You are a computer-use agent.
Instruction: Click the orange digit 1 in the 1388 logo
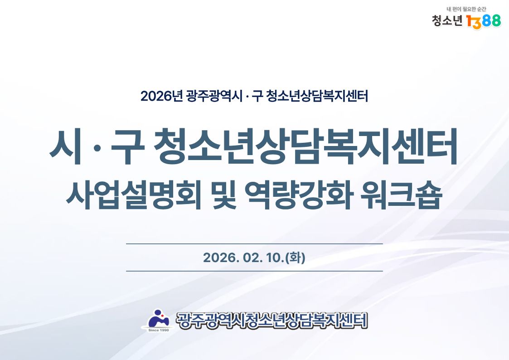coord(470,21)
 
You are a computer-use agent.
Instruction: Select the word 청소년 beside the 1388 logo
coord(447,21)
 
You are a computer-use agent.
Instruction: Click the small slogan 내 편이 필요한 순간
coord(466,9)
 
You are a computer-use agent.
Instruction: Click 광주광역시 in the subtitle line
coord(214,96)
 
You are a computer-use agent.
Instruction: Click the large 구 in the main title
coord(127,147)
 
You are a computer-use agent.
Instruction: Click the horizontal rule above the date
coord(255,243)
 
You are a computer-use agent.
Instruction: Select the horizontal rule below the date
coord(255,271)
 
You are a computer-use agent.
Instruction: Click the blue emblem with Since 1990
coord(159,320)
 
